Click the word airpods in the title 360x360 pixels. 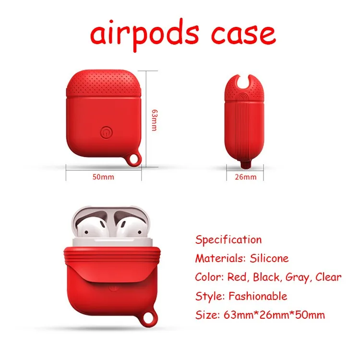coord(144,35)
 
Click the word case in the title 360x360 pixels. coord(243,35)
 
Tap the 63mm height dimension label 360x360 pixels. coord(155,120)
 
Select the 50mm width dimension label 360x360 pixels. coord(103,177)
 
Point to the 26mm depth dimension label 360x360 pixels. coord(245,177)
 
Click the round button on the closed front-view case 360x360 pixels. coord(107,132)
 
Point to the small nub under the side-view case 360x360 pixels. coord(245,164)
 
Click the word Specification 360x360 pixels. coord(228,240)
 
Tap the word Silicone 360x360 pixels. coord(269,258)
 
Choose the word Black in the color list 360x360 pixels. coord(266,277)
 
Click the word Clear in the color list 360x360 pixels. coord(328,277)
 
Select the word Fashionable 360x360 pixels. coord(258,296)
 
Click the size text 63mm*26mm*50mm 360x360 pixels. coord(275,315)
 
